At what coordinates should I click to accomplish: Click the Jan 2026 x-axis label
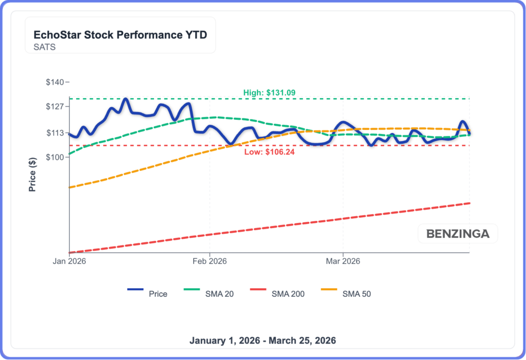pos(69,261)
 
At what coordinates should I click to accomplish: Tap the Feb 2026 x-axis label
pos(210,261)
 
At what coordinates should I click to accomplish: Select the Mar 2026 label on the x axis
pos(343,261)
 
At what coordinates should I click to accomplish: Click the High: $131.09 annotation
pos(269,93)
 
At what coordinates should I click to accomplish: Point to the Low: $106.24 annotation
pos(269,151)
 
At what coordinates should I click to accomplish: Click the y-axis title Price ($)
pos(32,175)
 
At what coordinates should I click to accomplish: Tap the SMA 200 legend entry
pos(288,294)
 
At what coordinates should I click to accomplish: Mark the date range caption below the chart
pos(262,340)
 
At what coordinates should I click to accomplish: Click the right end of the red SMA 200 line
pos(469,203)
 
